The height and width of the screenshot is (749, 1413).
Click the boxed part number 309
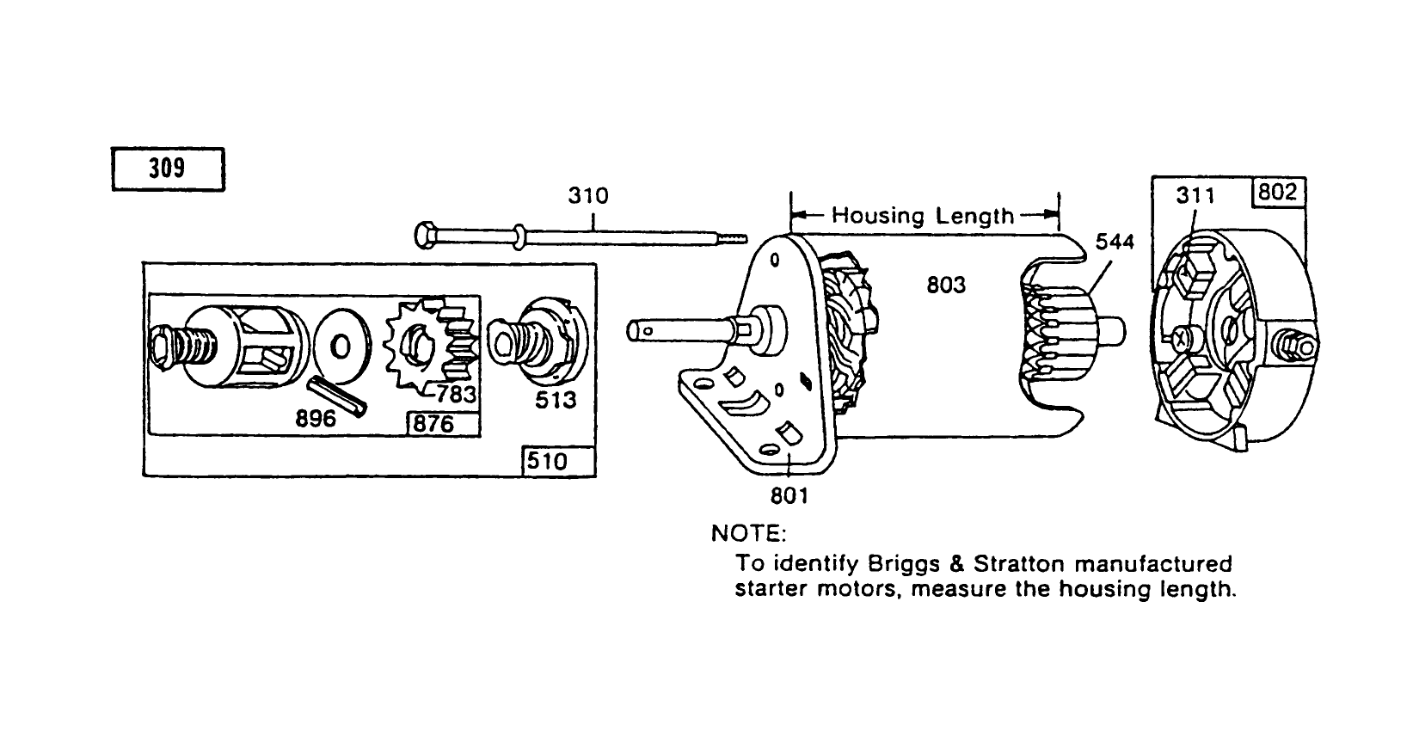point(168,169)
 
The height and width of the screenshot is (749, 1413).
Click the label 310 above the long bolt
point(587,196)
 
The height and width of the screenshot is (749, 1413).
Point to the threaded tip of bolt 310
point(732,238)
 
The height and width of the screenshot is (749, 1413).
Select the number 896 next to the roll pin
point(316,421)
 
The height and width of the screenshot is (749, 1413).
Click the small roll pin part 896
point(337,396)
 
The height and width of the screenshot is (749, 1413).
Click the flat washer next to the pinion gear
point(341,347)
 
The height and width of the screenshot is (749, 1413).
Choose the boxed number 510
point(547,462)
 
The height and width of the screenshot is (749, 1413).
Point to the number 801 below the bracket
point(789,496)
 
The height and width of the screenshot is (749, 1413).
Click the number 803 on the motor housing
point(946,285)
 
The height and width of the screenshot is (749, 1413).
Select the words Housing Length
point(923,215)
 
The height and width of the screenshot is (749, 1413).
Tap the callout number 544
point(1115,243)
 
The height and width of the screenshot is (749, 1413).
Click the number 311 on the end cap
point(1195,196)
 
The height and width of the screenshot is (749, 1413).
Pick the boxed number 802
point(1276,193)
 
